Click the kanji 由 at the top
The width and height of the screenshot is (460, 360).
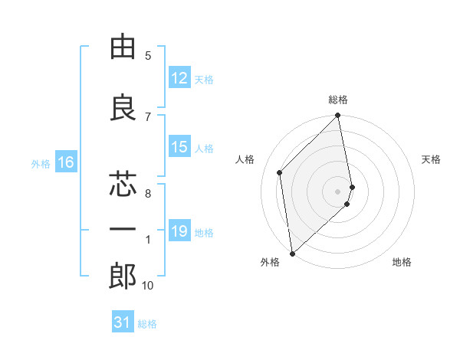123,47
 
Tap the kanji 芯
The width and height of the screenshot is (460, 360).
123,185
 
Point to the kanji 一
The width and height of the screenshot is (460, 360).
123,231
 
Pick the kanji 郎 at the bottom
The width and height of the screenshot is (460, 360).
123,277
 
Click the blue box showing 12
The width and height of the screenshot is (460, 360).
179,78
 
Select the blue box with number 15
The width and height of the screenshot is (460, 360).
179,147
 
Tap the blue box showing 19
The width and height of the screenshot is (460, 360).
179,231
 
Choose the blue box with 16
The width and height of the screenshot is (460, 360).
66,162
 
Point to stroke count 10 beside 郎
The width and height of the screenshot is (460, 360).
147,286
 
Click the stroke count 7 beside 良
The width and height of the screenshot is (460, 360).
148,116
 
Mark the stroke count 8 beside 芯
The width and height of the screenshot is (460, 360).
147,194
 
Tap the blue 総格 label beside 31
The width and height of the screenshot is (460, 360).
147,324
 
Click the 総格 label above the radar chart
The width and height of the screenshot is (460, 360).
338,100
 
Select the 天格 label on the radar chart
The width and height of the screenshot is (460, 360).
431,159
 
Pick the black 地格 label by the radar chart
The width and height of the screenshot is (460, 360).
402,262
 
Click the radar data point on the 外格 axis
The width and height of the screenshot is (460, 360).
292,254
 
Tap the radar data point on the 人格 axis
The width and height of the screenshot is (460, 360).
280,172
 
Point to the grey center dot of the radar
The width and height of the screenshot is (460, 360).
338,191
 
